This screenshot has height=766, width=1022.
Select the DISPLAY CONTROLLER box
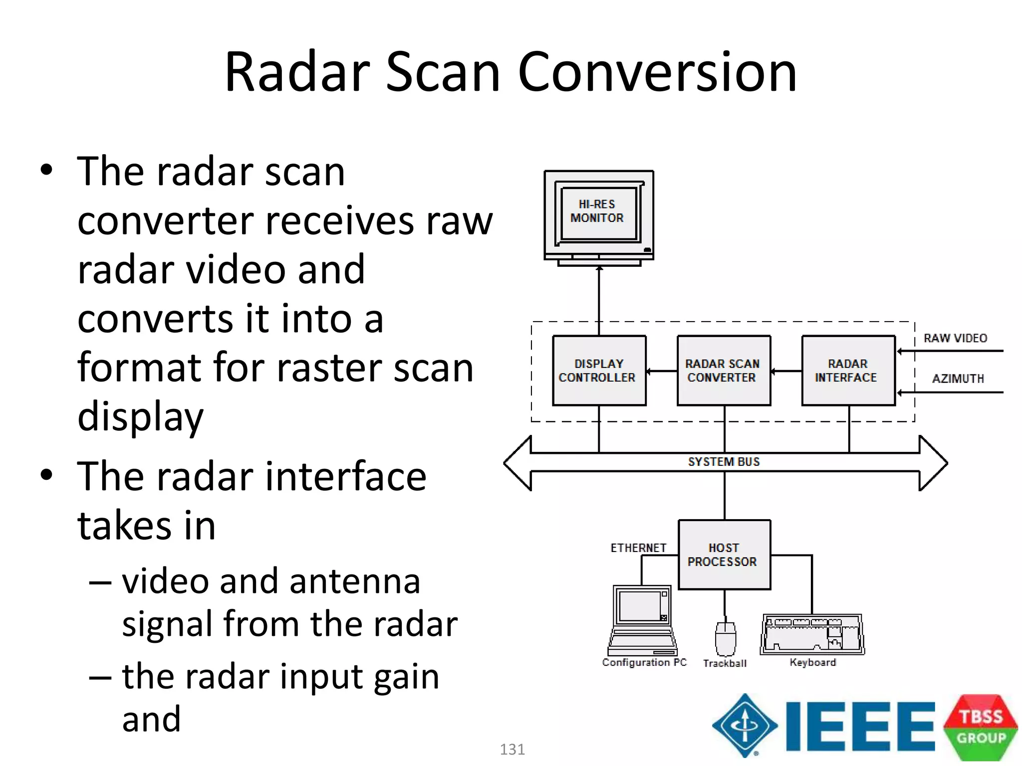(x=599, y=371)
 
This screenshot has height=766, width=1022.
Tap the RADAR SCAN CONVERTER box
(x=724, y=371)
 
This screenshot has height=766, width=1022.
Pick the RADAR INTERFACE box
(x=848, y=371)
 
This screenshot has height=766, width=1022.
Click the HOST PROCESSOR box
(x=724, y=555)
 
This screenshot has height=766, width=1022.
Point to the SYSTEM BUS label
(x=724, y=462)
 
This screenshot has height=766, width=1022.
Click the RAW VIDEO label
(x=955, y=338)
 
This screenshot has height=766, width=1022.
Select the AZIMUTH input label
(x=958, y=379)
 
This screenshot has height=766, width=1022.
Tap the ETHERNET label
(x=638, y=548)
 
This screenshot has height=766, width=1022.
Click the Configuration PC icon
(x=642, y=621)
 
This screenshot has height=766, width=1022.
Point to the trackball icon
(x=726, y=639)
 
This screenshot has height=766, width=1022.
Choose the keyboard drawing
(x=812, y=634)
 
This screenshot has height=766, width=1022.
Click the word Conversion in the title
(x=657, y=72)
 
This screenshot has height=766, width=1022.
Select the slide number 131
(x=512, y=749)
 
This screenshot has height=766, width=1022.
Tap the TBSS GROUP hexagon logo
(x=981, y=727)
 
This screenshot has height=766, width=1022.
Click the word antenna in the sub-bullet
(x=354, y=581)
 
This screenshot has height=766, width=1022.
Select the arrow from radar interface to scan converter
(x=786, y=371)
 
